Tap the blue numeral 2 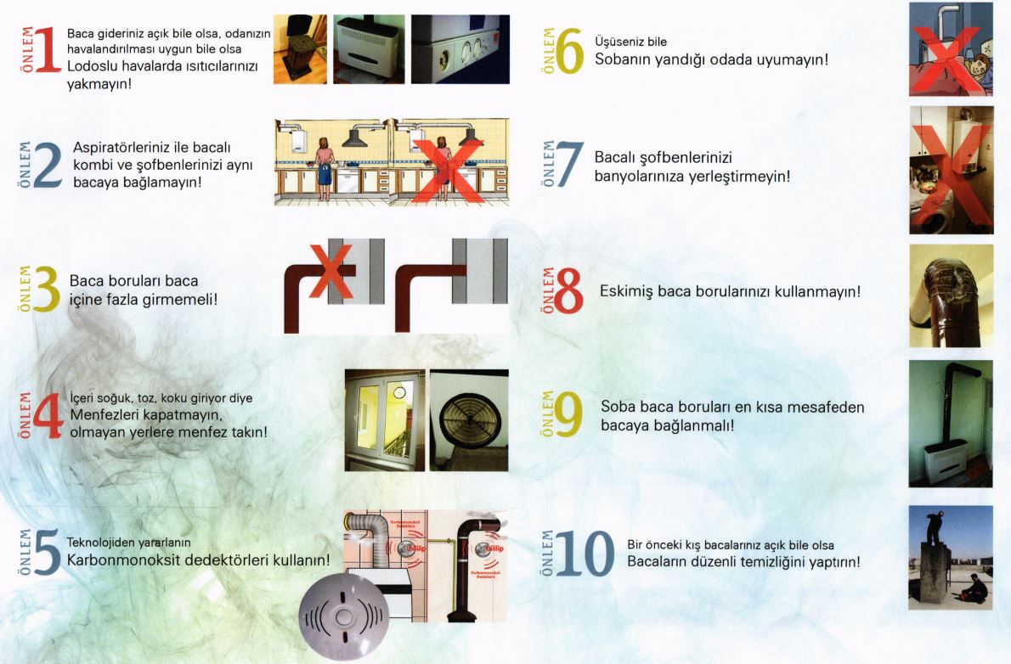(x=48, y=165)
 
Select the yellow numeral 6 (x=569, y=52)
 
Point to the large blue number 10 (x=585, y=554)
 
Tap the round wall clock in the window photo (x=399, y=392)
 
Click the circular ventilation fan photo (x=469, y=419)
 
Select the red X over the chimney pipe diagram (x=331, y=272)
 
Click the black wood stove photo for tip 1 (x=300, y=49)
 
